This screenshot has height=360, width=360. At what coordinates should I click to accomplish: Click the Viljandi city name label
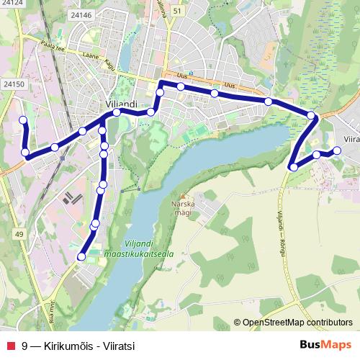click(121, 104)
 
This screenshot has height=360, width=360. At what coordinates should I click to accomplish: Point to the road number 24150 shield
click(14, 84)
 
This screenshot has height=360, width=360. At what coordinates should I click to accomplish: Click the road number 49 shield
click(19, 235)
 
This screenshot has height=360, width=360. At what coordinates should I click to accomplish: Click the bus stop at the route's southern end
click(81, 256)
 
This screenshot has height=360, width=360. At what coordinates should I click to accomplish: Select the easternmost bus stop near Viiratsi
click(337, 150)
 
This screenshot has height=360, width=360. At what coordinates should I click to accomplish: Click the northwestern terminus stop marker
click(23, 120)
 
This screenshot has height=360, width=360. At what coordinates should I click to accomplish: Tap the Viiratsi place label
click(351, 139)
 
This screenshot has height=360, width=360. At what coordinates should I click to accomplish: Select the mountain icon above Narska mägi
click(183, 197)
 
